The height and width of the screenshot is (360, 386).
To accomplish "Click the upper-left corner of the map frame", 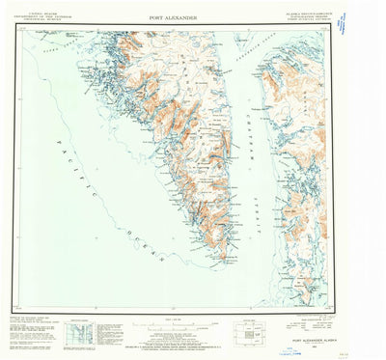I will pos(18,29).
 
